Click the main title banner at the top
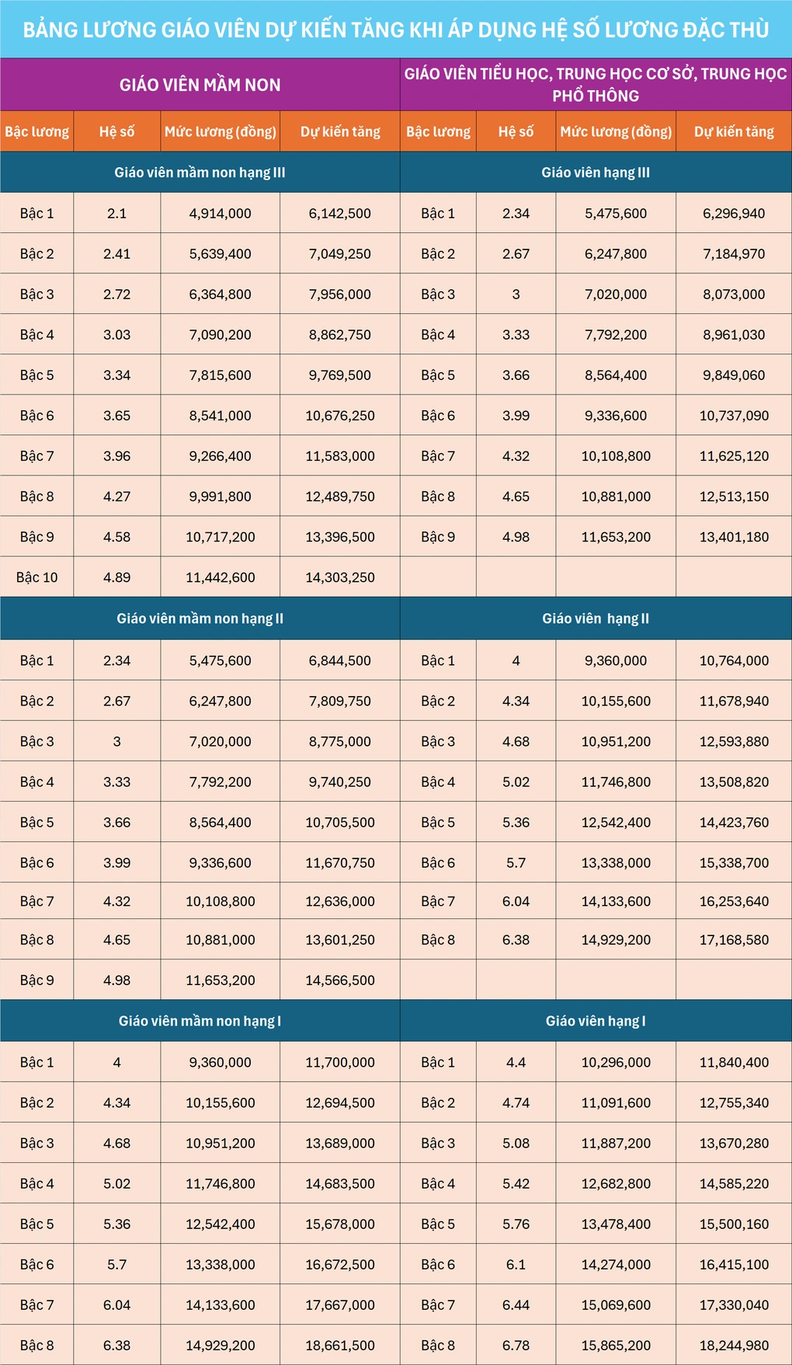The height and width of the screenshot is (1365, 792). (x=396, y=30)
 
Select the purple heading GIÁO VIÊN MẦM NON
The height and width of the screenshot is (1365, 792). (x=200, y=85)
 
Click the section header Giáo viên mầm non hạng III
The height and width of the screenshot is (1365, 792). (x=200, y=172)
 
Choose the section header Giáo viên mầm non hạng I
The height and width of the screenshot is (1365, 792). (x=200, y=1021)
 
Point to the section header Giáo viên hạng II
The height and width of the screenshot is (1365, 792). (x=596, y=618)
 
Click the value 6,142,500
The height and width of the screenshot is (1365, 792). (x=339, y=214)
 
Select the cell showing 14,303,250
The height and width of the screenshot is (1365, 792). (x=339, y=577)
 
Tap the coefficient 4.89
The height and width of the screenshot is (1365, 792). (x=116, y=577)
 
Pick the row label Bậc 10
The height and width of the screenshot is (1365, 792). (x=37, y=577)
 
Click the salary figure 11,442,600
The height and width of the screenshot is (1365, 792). (x=220, y=577)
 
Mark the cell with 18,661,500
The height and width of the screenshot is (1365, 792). (x=339, y=1346)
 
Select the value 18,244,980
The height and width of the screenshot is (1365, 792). (x=734, y=1346)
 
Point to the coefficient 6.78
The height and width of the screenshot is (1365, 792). (x=516, y=1346)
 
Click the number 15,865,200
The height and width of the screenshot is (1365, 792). (x=616, y=1346)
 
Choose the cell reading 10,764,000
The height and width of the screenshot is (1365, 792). (x=734, y=660)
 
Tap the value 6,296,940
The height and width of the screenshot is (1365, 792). (x=734, y=214)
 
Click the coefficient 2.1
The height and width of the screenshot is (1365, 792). (x=116, y=214)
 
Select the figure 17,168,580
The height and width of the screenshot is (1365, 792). (x=734, y=939)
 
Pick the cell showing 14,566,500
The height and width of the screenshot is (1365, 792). (x=339, y=980)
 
